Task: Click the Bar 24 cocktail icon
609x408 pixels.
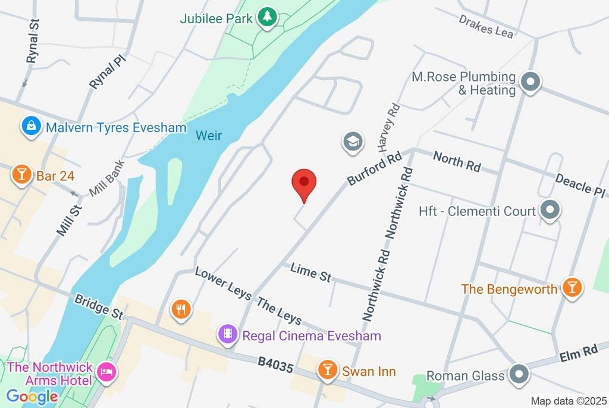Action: pyautogui.click(x=21, y=174)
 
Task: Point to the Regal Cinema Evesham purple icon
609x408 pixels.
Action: pyautogui.click(x=227, y=334)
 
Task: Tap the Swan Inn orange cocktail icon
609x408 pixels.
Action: pyautogui.click(x=327, y=369)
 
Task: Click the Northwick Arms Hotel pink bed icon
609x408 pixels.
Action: pyautogui.click(x=108, y=372)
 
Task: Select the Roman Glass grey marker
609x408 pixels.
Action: pyautogui.click(x=519, y=374)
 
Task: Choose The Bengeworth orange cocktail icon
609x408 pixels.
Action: pyautogui.click(x=572, y=287)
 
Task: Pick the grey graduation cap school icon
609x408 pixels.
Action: pyautogui.click(x=353, y=142)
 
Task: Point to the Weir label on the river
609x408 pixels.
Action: pyautogui.click(x=209, y=136)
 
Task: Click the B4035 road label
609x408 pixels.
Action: pyautogui.click(x=276, y=365)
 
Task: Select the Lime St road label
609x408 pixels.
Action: pyautogui.click(x=310, y=273)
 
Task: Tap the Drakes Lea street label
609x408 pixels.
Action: pyautogui.click(x=486, y=26)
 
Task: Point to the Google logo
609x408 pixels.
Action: pyautogui.click(x=32, y=397)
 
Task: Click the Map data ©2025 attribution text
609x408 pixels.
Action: pyautogui.click(x=568, y=401)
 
